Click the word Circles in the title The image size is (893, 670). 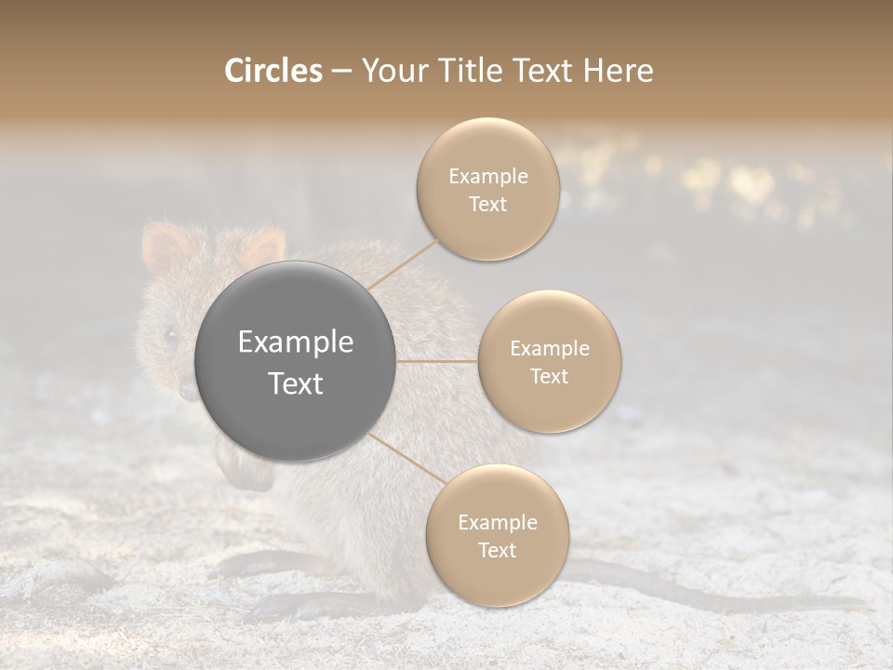[273, 71]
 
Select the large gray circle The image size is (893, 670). [296, 361]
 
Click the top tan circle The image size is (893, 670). [487, 189]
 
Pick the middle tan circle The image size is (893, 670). [550, 361]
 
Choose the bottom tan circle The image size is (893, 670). [497, 535]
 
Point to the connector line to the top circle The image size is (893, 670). [402, 264]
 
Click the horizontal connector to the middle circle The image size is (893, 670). [437, 361]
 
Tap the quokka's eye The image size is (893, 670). [170, 333]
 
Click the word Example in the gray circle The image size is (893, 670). [296, 342]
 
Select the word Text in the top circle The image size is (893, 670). [487, 205]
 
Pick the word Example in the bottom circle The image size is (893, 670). [497, 522]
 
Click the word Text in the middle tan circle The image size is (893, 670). [550, 376]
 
